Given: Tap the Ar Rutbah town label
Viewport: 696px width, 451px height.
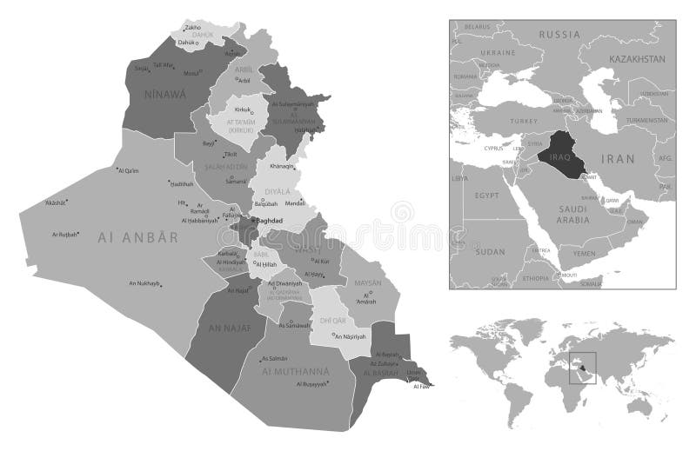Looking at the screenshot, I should [x=66, y=234].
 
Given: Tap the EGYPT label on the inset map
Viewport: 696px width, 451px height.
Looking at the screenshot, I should [x=487, y=197].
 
